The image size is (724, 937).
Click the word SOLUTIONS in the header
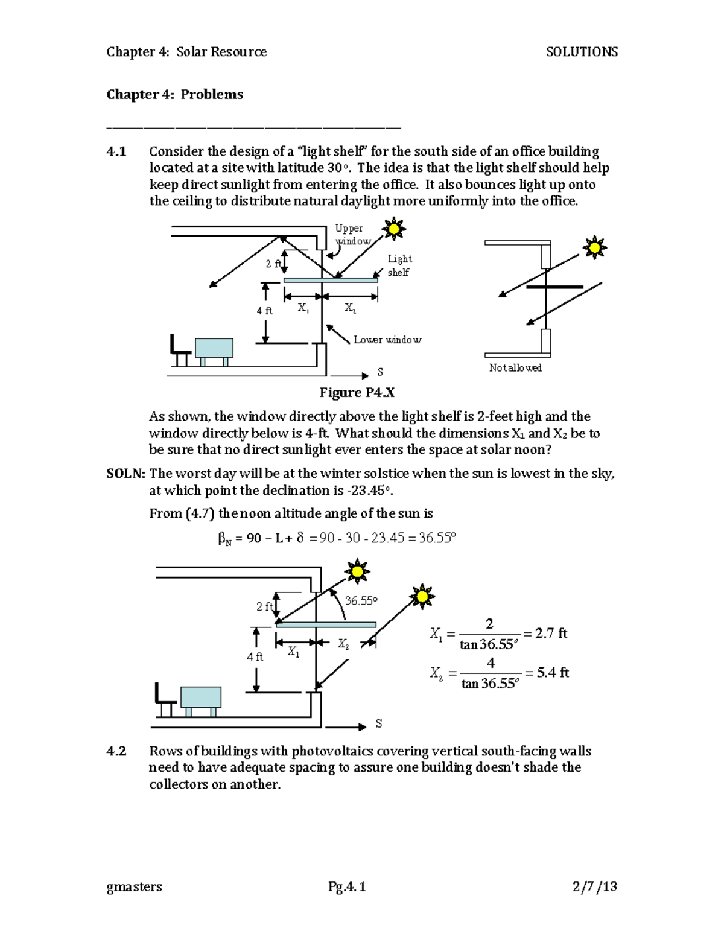pyautogui.click(x=581, y=52)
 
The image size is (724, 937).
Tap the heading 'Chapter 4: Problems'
pyautogui.click(x=174, y=94)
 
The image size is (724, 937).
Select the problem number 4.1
pyautogui.click(x=116, y=151)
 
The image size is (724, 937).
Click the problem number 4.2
pyautogui.click(x=116, y=751)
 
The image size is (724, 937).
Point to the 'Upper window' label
pyautogui.click(x=352, y=235)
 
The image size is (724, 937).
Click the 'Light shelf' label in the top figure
pyautogui.click(x=399, y=265)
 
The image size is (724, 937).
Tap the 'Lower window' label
pyautogui.click(x=387, y=340)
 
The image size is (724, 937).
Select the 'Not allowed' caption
pyautogui.click(x=515, y=367)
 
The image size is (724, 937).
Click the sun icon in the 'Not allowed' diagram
pyautogui.click(x=594, y=247)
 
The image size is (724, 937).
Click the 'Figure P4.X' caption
pyautogui.click(x=357, y=393)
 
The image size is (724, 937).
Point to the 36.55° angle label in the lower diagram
pyautogui.click(x=361, y=601)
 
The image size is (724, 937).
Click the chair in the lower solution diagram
pyautogui.click(x=164, y=700)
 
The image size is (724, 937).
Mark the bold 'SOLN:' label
pyautogui.click(x=125, y=474)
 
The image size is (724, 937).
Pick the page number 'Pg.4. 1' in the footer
pyautogui.click(x=347, y=886)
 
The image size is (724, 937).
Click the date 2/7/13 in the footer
pyautogui.click(x=594, y=886)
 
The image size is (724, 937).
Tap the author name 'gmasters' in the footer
pyautogui.click(x=134, y=886)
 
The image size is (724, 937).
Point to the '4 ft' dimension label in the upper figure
pyautogui.click(x=264, y=311)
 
